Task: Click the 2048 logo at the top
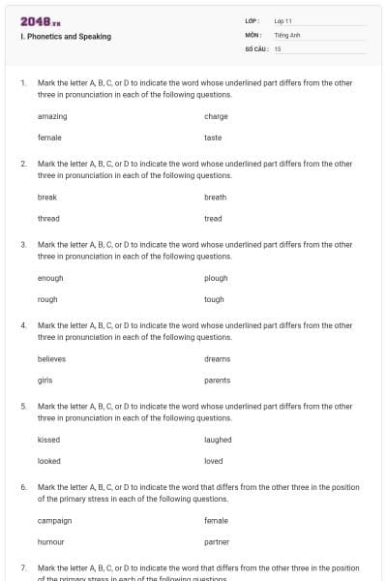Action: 40,20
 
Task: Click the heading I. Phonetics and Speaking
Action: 65,37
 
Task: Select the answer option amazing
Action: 52,116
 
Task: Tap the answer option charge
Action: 216,116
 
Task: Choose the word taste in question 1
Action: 213,138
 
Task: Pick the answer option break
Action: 47,197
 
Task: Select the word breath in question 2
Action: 216,197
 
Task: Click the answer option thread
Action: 48,218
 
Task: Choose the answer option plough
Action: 216,278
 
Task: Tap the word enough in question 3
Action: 50,278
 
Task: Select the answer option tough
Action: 214,299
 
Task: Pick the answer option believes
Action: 52,358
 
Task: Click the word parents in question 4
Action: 218,380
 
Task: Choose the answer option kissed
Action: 48,440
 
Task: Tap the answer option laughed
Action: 218,440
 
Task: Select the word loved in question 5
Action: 214,461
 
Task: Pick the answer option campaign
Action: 55,520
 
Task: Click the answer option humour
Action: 51,541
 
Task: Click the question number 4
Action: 23,325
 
